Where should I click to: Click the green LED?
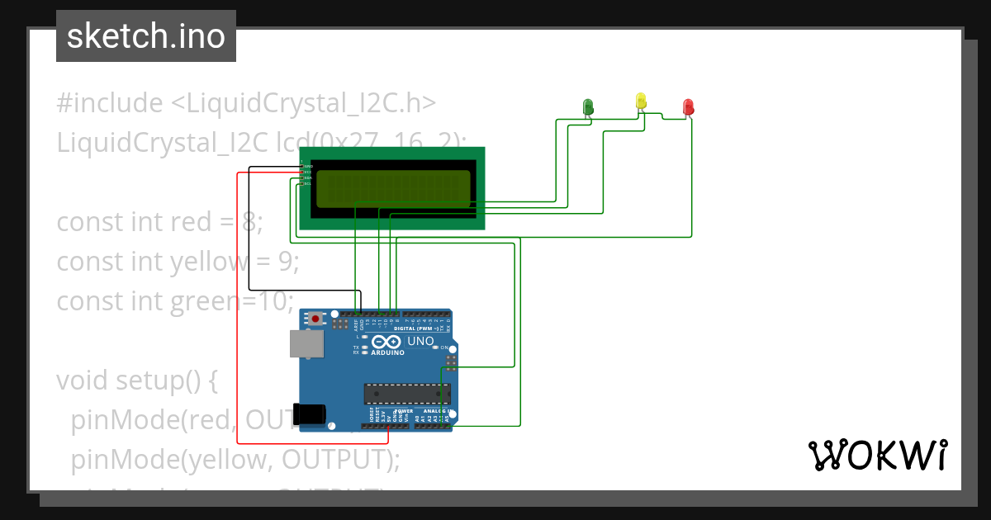pos(588,106)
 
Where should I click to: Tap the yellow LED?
pos(641,101)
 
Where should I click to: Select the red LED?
pos(689,106)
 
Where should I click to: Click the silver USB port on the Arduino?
pos(306,343)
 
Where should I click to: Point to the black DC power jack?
pos(311,413)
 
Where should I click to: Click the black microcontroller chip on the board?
pos(407,395)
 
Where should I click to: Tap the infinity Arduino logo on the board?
pos(386,342)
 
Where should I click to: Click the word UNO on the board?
pos(421,341)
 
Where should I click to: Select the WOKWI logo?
pos(877,456)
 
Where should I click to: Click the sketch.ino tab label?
pos(146,36)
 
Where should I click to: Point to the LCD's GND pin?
pos(302,166)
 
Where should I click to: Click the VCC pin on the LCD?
pos(302,172)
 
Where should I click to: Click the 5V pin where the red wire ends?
pos(387,425)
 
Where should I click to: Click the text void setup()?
pos(136,381)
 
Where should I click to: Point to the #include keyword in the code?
pos(110,103)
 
